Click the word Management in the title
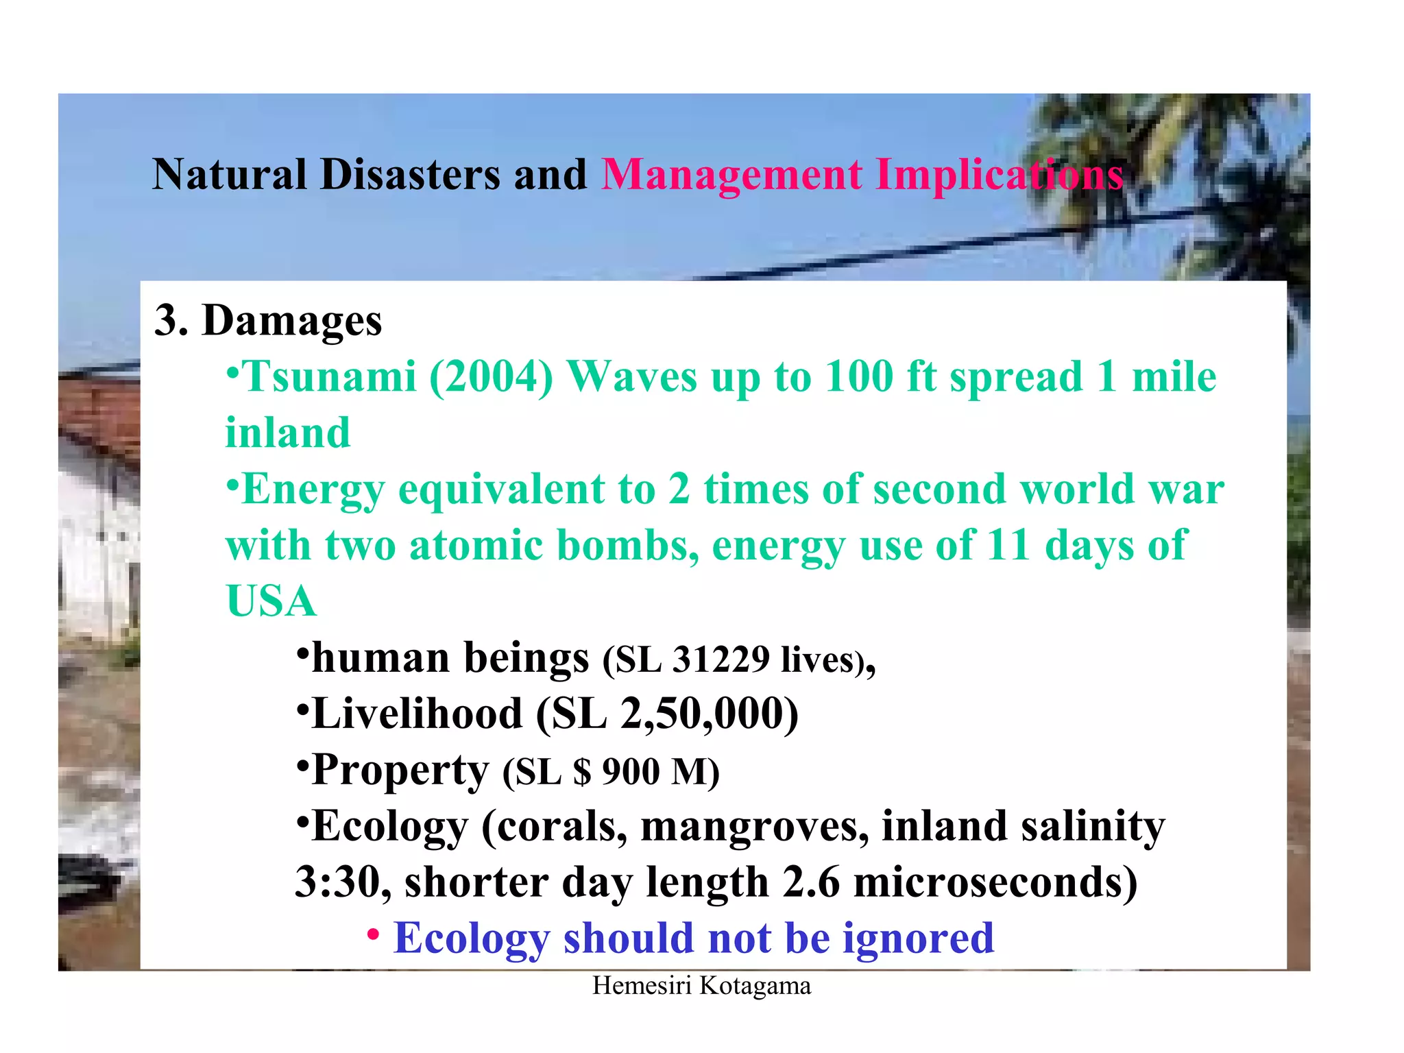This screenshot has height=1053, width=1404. [x=731, y=175]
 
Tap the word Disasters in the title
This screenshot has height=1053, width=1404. [x=410, y=175]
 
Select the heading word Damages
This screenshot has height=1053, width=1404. [x=291, y=321]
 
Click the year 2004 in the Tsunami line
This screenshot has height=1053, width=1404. [x=491, y=377]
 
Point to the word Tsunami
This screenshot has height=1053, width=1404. [x=330, y=377]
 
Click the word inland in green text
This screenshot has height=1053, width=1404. [x=287, y=433]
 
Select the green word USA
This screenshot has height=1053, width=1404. [x=271, y=602]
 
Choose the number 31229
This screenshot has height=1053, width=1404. [x=721, y=659]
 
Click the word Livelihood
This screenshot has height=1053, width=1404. [x=417, y=714]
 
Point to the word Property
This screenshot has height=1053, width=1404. [x=400, y=771]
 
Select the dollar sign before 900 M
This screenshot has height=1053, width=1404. [x=582, y=772]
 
